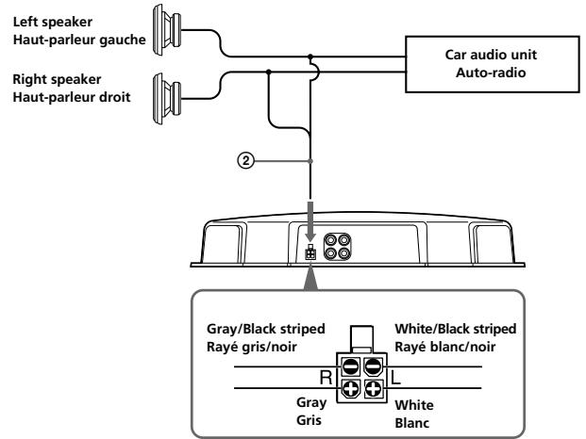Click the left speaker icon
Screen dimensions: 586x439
tap(167, 30)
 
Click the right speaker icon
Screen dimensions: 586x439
tap(167, 99)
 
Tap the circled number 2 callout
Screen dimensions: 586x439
tap(245, 161)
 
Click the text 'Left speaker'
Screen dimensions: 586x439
tap(53, 22)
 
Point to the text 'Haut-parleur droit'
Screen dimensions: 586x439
tap(72, 97)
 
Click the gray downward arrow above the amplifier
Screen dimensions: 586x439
tap(310, 221)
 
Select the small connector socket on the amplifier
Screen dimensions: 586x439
tap(310, 252)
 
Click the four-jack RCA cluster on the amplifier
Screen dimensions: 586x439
tap(337, 247)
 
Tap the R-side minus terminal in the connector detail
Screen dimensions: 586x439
tap(350, 366)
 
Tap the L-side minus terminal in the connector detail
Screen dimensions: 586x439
tap(373, 366)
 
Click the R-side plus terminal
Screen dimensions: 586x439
tap(350, 389)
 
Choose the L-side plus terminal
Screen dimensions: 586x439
tap(373, 389)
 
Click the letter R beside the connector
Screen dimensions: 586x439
tap(326, 378)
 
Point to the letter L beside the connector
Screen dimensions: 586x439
tap(395, 378)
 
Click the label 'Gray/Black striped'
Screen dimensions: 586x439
tap(266, 329)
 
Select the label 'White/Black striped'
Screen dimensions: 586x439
tap(456, 329)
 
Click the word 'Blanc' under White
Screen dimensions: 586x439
tap(412, 423)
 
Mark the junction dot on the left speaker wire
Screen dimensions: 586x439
tap(310, 57)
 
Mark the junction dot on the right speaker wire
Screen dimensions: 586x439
tap(268, 72)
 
